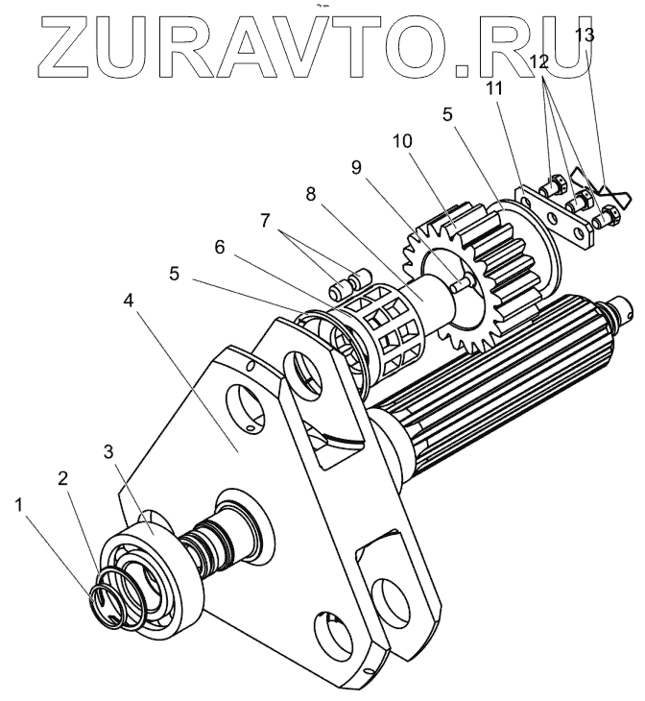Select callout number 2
(63, 477)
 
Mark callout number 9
(357, 166)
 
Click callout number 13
(584, 36)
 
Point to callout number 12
(539, 60)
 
